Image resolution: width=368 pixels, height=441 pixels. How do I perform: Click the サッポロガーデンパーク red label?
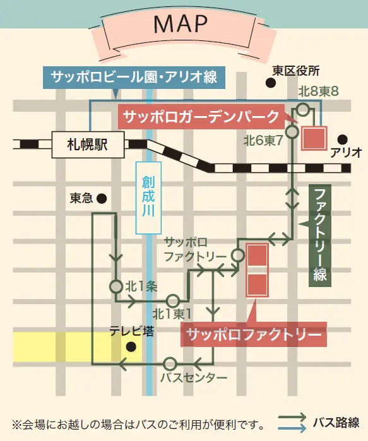pos(201,115)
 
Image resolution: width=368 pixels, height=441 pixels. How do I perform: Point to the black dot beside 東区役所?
pos(270,83)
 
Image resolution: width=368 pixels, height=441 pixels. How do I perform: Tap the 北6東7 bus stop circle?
pos(292,132)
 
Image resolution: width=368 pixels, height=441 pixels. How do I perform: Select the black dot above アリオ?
pos(342,139)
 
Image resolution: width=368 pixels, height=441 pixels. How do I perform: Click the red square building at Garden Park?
pos(314,139)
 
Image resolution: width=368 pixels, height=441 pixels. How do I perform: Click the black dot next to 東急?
pos(101,198)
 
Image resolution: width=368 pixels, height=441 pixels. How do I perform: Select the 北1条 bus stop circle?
pos(116,286)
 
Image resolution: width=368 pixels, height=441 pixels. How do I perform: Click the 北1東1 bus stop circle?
pos(174,300)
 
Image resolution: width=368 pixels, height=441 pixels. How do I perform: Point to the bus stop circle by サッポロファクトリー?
pos(237,256)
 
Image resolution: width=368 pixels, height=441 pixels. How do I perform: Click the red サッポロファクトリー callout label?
pos(254,334)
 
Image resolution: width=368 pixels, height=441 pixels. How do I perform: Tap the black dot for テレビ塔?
pos(131,346)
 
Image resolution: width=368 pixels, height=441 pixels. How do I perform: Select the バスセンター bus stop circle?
pos(170,363)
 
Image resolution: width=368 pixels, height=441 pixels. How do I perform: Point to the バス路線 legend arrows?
pos(292,421)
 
